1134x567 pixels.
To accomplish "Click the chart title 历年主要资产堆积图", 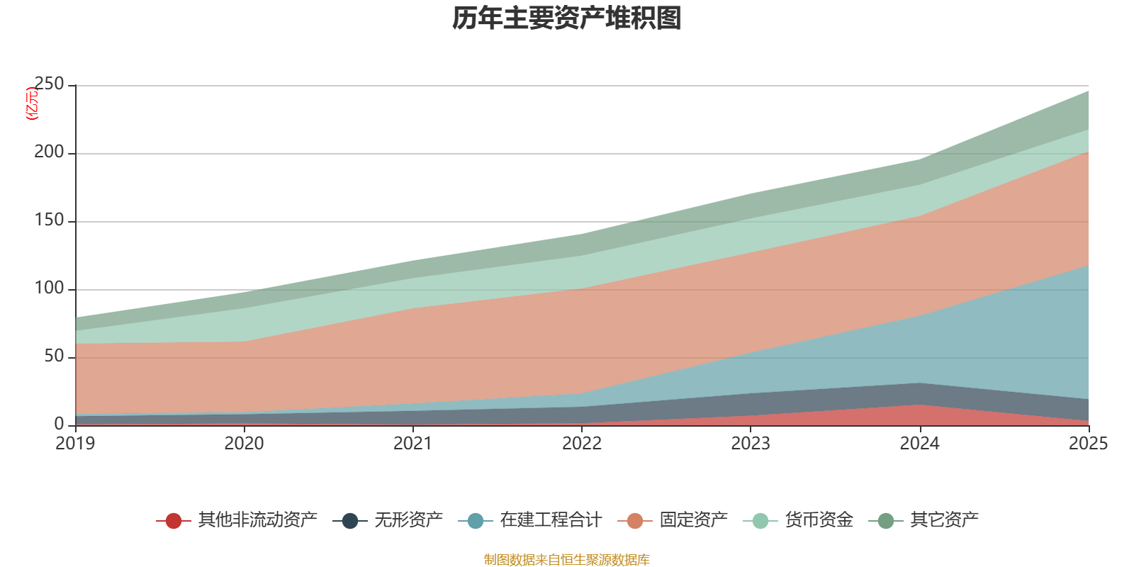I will (566, 19).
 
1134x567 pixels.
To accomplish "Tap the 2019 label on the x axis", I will (76, 444).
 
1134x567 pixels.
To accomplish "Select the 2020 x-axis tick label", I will (245, 444).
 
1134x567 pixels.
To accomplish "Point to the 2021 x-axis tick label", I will (413, 444).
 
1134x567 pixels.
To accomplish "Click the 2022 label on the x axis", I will (582, 444).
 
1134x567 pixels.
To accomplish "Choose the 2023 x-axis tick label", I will (751, 444).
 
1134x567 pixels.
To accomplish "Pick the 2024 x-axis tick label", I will (919, 444).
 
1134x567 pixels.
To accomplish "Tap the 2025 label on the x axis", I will (1088, 444).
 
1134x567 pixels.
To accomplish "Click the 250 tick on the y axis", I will (49, 84).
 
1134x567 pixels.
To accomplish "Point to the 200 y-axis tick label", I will (49, 152).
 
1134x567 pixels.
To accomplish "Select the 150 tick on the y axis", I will (49, 220).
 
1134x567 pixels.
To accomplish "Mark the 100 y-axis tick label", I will (49, 288).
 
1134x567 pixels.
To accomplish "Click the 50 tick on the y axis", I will (54, 357).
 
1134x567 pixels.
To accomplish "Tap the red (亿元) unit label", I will (32, 103).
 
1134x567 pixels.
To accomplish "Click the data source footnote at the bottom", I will (566, 560).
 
